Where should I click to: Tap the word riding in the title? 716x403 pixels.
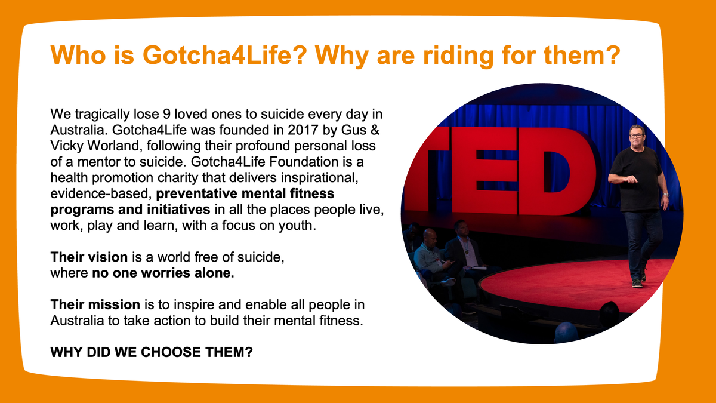point(458,56)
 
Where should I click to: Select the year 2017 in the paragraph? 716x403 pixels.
point(303,130)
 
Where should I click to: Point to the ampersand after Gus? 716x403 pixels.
point(375,130)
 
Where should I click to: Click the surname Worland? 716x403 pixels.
point(113,146)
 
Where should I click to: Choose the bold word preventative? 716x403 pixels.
point(196,194)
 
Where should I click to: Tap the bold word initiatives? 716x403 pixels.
point(178,210)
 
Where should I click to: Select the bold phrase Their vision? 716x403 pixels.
point(89,257)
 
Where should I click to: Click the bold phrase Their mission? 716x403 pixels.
point(95,305)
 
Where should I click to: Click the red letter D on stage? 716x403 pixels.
point(558,171)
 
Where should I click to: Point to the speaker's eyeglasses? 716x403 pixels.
point(637,136)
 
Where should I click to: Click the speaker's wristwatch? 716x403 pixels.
point(666,195)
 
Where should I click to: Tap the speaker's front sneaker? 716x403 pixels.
point(637,284)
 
